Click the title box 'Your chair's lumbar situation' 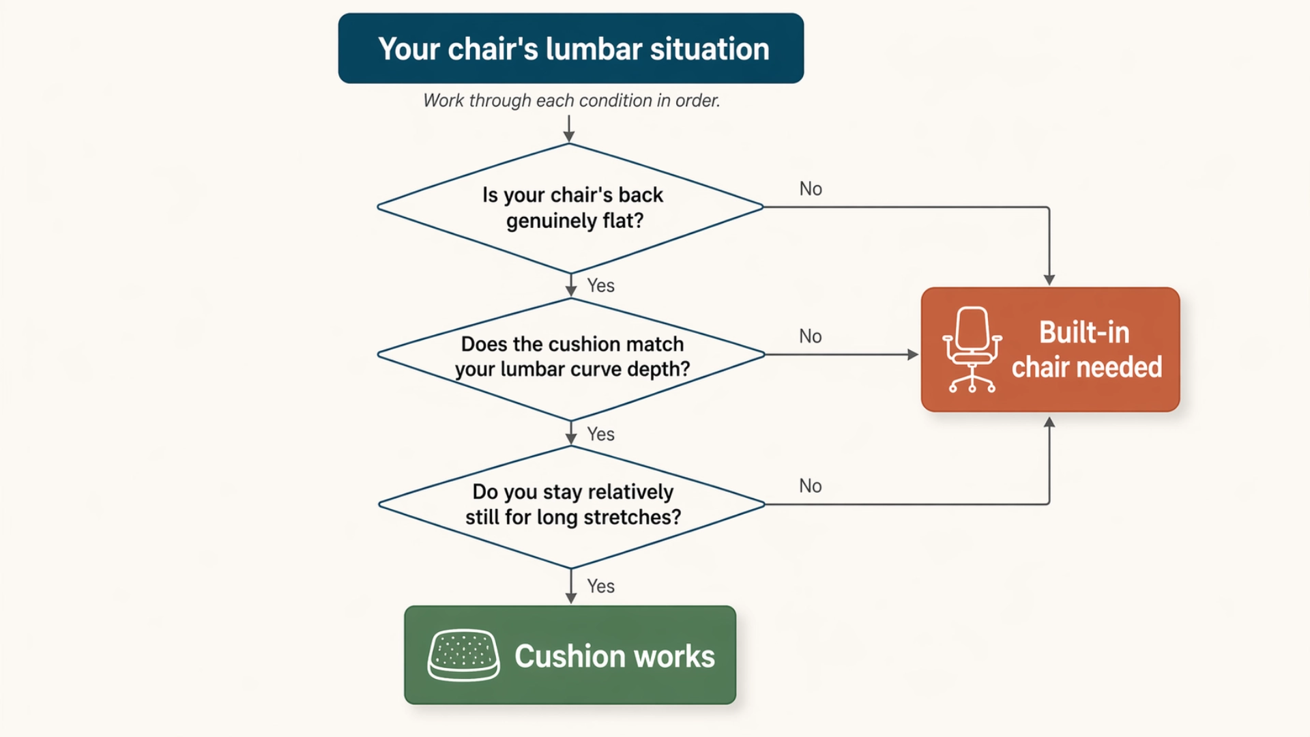tap(570, 48)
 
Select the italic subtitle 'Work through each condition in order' tap(571, 100)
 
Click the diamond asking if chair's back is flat tap(570, 207)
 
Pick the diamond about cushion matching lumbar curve tap(571, 356)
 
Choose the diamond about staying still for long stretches tap(571, 505)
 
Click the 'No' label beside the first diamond tap(811, 189)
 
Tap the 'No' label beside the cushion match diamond tap(811, 336)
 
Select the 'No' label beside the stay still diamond tap(811, 486)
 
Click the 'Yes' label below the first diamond tap(600, 285)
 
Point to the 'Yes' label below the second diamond tap(600, 434)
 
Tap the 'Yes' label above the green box tap(600, 586)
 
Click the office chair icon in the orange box tap(972, 349)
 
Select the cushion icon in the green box tap(463, 655)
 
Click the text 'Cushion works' tap(614, 656)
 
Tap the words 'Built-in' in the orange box tap(1084, 333)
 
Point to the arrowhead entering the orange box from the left tap(913, 354)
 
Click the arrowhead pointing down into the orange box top tap(1049, 280)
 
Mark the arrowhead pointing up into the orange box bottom tap(1049, 422)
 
